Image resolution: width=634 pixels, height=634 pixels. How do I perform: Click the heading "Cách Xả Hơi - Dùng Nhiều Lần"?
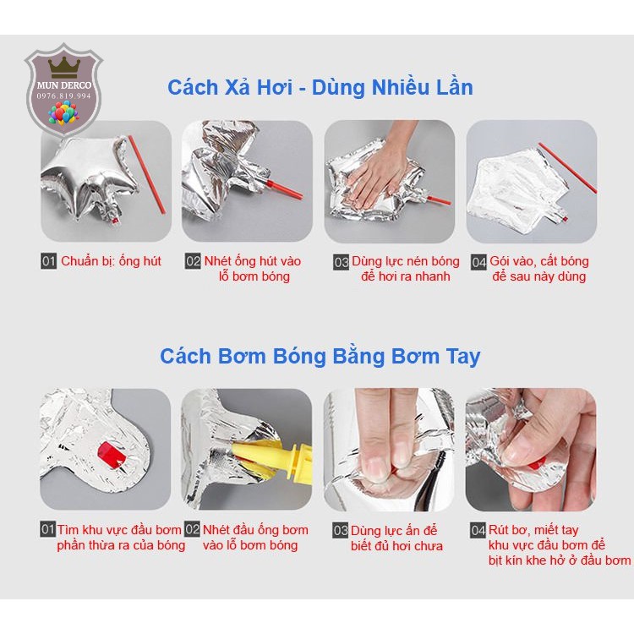(x=320, y=87)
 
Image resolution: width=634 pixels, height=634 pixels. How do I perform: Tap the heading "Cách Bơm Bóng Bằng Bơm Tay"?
(x=320, y=356)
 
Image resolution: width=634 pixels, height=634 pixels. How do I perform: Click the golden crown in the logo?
(x=64, y=68)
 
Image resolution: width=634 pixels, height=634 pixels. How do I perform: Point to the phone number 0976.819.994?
(x=64, y=96)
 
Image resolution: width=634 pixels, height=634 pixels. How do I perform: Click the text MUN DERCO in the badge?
(x=64, y=85)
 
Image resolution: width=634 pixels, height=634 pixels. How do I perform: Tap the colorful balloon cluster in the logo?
(x=63, y=112)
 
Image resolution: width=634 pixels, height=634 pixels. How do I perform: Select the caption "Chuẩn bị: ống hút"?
(x=111, y=261)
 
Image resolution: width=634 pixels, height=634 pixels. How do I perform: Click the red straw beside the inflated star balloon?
(x=146, y=175)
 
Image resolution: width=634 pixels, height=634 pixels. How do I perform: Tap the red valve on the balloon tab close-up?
(x=112, y=455)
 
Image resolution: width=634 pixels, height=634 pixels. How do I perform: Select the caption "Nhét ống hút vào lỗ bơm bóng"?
(x=252, y=269)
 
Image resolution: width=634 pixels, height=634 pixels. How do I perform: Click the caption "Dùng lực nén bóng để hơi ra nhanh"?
(x=405, y=269)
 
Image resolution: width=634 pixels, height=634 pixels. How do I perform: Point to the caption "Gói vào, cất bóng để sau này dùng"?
(x=539, y=269)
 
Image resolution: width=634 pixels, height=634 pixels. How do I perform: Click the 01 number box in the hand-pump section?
(x=47, y=529)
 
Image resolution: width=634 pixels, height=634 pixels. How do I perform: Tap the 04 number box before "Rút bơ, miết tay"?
(x=478, y=530)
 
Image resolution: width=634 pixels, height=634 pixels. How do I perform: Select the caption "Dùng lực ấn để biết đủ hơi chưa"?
(x=396, y=538)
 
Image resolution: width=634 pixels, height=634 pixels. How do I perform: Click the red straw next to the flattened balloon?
(x=567, y=167)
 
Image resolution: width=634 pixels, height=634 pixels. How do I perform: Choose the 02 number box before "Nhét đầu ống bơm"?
(x=193, y=529)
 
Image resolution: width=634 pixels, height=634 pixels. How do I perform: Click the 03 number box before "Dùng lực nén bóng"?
(x=341, y=262)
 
